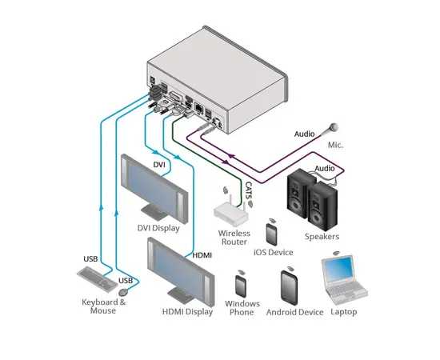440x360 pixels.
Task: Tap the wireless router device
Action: point(231,211)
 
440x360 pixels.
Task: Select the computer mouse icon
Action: point(123,292)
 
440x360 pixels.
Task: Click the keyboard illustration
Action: point(97,278)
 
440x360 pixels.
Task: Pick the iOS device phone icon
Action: point(272,234)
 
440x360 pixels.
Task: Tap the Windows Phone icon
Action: point(241,286)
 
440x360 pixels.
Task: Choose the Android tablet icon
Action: point(289,288)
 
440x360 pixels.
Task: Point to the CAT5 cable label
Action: point(249,190)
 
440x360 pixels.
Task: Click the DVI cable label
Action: point(159,165)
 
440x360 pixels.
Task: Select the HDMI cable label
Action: point(202,255)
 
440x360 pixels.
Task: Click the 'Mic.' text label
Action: point(335,145)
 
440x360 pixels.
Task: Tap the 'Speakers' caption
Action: point(322,237)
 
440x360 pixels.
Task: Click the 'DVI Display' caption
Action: point(158,228)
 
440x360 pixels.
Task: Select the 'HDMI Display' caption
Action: point(187,312)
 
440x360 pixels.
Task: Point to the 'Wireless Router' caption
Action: point(234,238)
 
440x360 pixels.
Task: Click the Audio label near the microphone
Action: point(304,134)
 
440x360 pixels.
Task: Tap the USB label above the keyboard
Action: point(90,258)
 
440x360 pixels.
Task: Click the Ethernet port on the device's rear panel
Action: point(199,108)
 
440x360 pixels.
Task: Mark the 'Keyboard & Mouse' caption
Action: point(103,306)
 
